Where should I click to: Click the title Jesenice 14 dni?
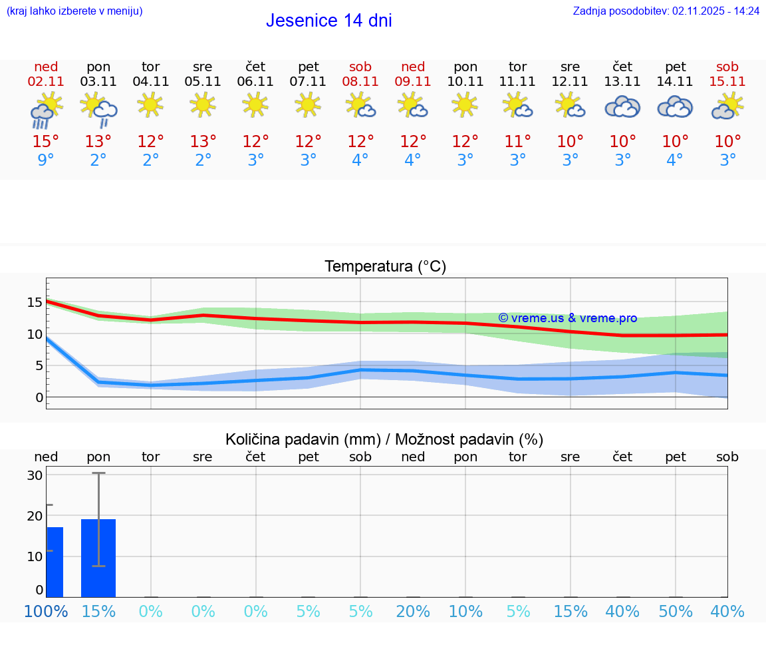pos(328,21)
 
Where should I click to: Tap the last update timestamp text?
pos(666,11)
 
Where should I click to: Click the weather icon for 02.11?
pos(46,110)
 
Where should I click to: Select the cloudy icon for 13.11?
pos(622,107)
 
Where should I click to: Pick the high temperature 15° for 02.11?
pos(46,142)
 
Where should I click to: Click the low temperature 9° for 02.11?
pos(46,160)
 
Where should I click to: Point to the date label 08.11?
pos(360,82)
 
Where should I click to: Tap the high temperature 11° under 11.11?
pos(517,142)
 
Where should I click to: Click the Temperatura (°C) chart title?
pos(385,267)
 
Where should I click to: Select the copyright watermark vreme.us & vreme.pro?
pos(567,318)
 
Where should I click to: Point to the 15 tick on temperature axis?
pos(35,303)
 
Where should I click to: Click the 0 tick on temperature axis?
pos(39,397)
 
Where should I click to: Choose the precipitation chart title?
pos(384,439)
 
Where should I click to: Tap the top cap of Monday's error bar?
pos(98,473)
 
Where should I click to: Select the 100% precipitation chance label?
pos(46,611)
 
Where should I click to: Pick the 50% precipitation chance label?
pos(675,611)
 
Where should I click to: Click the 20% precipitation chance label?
pos(413,611)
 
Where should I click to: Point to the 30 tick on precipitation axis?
pos(35,475)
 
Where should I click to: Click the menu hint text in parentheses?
pos(74,11)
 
